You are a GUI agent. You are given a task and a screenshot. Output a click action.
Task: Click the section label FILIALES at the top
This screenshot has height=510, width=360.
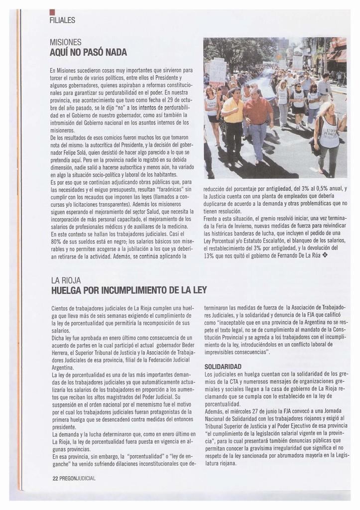[x=62, y=20]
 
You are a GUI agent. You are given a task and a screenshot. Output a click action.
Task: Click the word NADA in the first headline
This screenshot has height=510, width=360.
[x=116, y=52]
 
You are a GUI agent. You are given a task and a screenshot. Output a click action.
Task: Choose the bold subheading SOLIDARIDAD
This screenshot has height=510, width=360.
[x=223, y=367]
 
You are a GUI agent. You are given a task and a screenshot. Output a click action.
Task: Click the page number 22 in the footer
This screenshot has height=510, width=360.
[x=55, y=478]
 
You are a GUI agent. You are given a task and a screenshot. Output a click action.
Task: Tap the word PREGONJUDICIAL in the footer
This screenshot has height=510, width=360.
[x=77, y=478]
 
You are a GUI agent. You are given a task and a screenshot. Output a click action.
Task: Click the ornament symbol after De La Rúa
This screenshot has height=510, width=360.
[x=326, y=255]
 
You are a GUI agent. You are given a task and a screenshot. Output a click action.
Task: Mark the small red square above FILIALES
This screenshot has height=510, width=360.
[x=52, y=12]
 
